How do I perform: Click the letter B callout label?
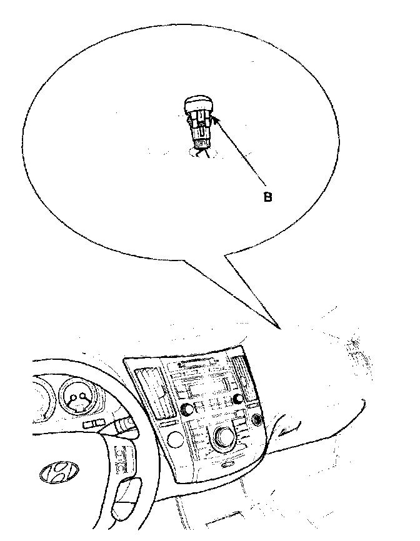(x=267, y=197)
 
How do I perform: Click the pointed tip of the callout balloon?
(x=279, y=327)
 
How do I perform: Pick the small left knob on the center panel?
(x=186, y=409)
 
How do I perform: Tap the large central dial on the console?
(x=222, y=439)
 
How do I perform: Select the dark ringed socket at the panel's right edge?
(x=256, y=420)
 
